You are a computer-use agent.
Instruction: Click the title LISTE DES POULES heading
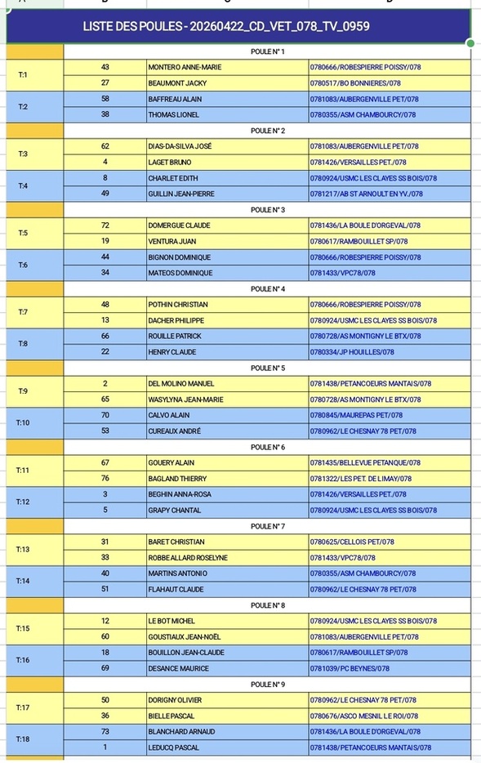[226, 27]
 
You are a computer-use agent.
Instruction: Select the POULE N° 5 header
[268, 368]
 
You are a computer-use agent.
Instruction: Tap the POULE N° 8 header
[268, 605]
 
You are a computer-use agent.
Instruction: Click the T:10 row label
[23, 423]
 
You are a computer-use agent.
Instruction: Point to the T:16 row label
[23, 660]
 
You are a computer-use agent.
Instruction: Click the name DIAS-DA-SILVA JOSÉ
[180, 146]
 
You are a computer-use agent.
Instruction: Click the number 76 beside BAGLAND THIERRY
[105, 479]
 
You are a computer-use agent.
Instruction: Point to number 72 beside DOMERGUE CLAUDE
[105, 225]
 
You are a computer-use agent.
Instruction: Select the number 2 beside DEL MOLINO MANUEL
[105, 383]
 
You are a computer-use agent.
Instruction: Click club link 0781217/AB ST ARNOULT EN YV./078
[366, 194]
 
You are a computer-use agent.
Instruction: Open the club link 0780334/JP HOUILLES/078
[351, 352]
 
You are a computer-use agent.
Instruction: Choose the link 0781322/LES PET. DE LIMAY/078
[360, 479]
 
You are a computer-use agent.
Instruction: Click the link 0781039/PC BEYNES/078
[350, 668]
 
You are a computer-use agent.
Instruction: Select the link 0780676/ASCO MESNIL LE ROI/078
[364, 716]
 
